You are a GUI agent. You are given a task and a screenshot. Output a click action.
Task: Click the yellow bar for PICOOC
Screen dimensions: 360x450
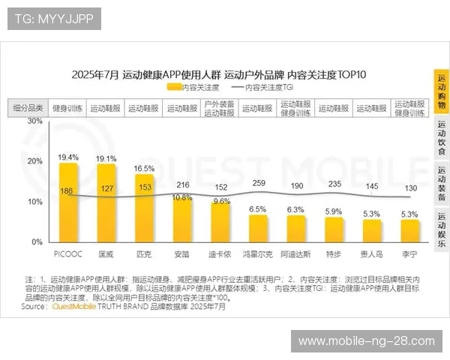pos(68,202)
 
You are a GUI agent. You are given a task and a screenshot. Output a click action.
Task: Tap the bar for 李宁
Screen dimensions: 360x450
pos(409,231)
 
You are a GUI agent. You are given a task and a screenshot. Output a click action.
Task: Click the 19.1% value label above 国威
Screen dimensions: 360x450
pos(106,158)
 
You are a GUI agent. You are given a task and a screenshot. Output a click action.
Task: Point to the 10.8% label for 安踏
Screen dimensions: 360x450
pos(182,197)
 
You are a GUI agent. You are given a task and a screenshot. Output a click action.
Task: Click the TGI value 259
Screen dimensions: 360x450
pos(259,183)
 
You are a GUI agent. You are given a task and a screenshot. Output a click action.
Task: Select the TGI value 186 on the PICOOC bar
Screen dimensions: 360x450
pos(67,191)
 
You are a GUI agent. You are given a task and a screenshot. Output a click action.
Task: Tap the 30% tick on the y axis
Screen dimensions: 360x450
pos(34,121)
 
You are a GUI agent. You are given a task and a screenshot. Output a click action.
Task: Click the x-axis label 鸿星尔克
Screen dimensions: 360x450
pos(258,254)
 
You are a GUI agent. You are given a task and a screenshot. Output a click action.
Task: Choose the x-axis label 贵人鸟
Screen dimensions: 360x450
pos(371,254)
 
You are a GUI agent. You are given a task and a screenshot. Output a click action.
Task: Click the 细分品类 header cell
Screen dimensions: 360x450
pos(29,108)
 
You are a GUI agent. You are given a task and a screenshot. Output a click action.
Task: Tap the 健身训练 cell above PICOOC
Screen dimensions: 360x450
pos(67,108)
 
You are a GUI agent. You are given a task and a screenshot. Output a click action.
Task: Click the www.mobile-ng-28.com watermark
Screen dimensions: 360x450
pos(366,341)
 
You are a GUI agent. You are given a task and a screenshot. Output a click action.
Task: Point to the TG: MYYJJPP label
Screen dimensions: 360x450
pos(54,19)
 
